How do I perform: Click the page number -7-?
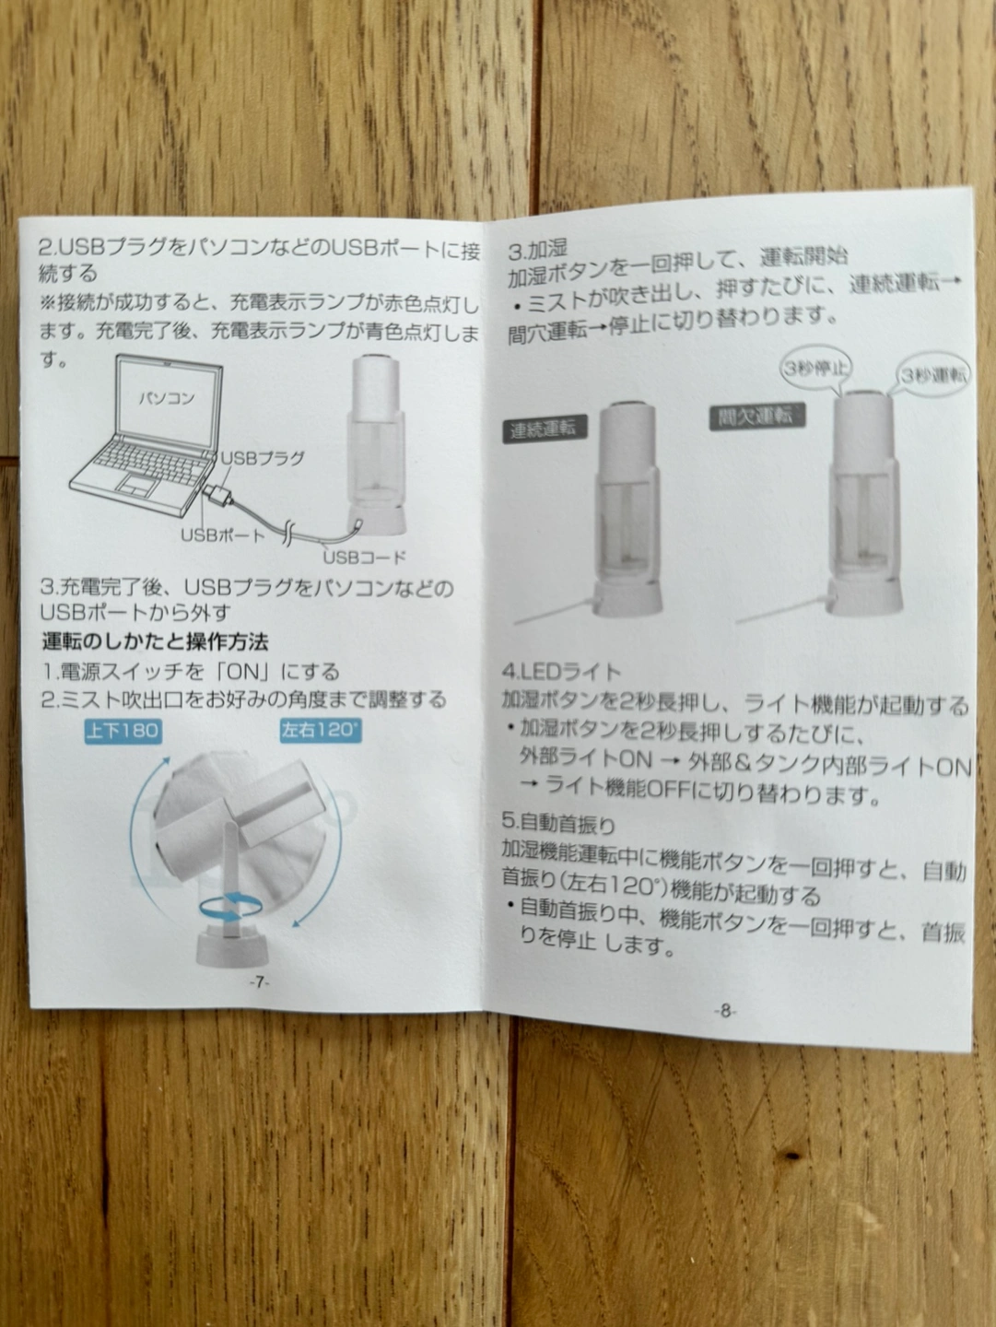[259, 982]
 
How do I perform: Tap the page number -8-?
[725, 1010]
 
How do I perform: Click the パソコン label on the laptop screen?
[167, 398]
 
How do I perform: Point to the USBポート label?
[223, 535]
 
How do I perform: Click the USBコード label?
[365, 557]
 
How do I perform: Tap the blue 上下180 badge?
[123, 731]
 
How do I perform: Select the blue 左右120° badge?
[321, 730]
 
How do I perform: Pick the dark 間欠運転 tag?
[757, 417]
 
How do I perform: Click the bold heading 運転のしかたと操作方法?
[155, 641]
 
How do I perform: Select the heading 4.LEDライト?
[561, 671]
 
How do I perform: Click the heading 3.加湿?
[537, 249]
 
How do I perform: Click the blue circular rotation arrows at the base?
[231, 905]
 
